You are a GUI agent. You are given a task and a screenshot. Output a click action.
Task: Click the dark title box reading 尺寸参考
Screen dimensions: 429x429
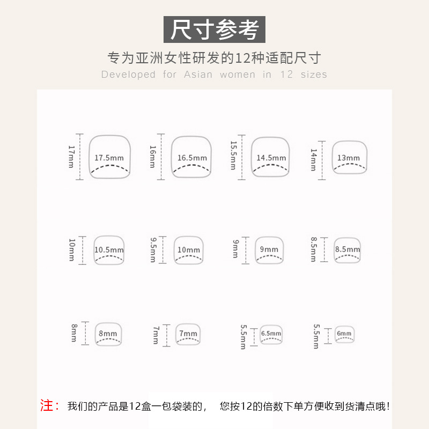click(214, 29)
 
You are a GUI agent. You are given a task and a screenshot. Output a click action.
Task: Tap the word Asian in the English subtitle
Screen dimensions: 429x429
click(198, 75)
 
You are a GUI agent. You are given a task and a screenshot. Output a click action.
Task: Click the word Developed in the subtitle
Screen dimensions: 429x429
click(128, 75)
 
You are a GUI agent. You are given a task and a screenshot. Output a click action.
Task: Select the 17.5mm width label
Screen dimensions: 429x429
click(109, 158)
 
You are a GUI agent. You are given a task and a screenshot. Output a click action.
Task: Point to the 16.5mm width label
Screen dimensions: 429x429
click(192, 158)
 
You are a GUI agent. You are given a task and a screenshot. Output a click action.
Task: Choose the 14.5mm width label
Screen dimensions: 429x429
click(271, 158)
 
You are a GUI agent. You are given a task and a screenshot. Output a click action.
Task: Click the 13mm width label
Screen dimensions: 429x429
click(349, 158)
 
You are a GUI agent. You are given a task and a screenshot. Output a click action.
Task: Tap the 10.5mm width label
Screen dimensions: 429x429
click(109, 250)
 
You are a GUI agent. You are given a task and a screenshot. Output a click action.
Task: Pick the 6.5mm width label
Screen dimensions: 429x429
click(271, 334)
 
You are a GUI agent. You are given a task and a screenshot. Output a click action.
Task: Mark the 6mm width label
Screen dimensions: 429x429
click(344, 334)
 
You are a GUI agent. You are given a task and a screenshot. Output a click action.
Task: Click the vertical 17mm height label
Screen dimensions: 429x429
click(71, 156)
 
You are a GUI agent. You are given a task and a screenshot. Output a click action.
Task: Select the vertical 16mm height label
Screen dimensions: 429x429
click(152, 156)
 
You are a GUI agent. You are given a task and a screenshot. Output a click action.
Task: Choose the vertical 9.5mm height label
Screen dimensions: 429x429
click(152, 250)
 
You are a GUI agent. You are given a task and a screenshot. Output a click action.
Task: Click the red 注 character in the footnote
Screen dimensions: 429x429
click(47, 406)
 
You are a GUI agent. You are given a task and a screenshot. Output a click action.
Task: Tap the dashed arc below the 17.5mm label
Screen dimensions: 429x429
click(109, 168)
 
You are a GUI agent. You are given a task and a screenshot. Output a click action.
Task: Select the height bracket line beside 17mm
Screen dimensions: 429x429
click(80, 156)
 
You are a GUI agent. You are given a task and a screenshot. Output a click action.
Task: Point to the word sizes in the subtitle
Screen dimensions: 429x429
click(314, 75)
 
